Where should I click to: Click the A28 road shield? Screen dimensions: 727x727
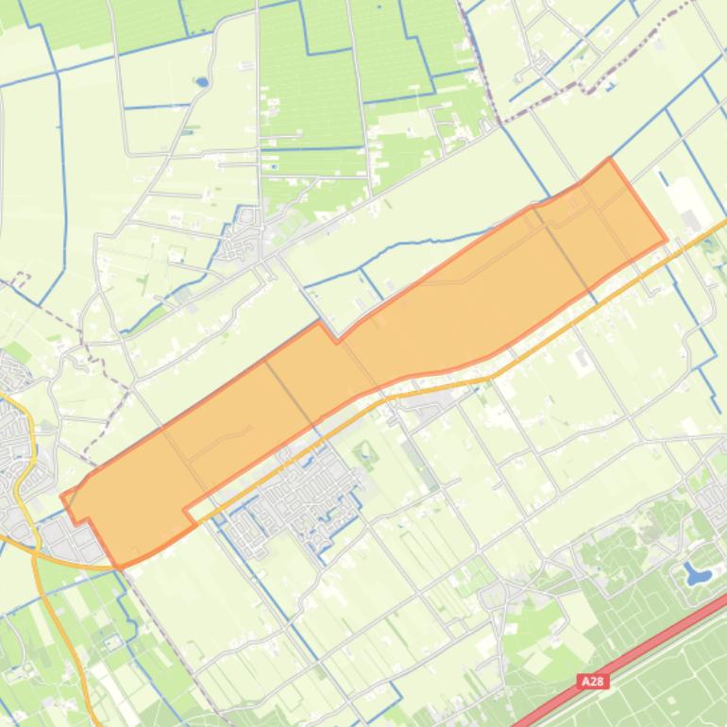[x=593, y=681]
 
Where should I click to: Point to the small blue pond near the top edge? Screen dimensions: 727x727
[x=201, y=82]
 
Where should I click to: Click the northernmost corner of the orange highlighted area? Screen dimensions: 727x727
[x=610, y=160]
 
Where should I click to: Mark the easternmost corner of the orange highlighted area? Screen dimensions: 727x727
[x=666, y=241]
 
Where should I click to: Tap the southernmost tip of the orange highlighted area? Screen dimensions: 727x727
[x=119, y=567]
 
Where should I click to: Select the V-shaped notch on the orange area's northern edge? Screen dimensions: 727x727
[x=336, y=338]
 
